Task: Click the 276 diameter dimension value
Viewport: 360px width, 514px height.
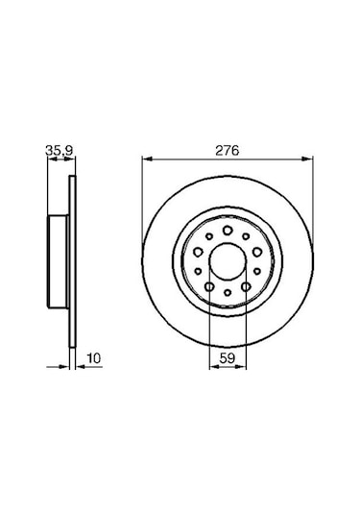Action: point(228,151)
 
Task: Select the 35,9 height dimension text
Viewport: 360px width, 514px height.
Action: point(59,151)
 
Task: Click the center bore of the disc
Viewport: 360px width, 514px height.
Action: point(228,261)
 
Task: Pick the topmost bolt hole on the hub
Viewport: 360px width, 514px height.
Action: point(228,232)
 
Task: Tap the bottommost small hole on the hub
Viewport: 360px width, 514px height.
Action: point(228,292)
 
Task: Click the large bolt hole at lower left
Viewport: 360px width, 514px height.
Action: point(209,286)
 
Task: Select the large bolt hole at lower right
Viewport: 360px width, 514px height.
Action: point(246,286)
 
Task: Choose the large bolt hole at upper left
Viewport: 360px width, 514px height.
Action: point(199,253)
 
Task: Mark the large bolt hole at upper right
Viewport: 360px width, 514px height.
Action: point(256,253)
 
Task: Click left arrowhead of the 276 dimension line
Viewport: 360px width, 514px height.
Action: point(146,159)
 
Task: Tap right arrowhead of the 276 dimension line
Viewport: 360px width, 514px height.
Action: point(309,159)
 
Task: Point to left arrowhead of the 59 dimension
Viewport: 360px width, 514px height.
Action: point(212,365)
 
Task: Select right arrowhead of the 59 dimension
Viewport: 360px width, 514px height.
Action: point(243,365)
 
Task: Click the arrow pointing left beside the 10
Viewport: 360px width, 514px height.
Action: point(79,365)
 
